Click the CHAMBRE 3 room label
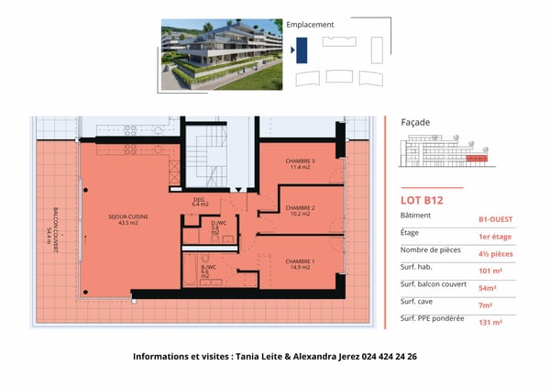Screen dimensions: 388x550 coord(300,163)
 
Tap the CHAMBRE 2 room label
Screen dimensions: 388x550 coord(300,211)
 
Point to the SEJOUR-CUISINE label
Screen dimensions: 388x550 coord(128,220)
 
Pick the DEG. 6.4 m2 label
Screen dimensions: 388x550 coord(199,202)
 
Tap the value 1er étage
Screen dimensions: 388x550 coord(496,237)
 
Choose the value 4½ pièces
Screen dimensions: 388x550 coord(496,254)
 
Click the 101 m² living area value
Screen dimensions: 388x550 coord(490,272)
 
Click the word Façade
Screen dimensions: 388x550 coord(415,122)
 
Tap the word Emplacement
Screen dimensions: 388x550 coord(310,25)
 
